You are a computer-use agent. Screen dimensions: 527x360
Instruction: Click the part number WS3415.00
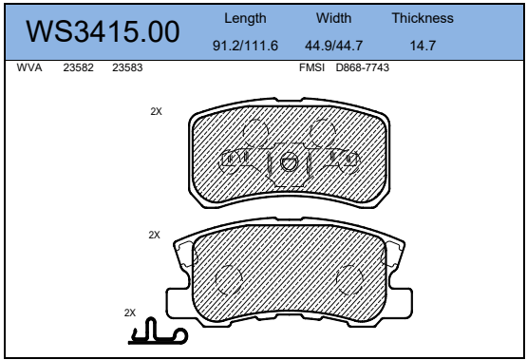point(103,31)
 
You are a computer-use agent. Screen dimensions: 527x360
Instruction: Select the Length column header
point(245,19)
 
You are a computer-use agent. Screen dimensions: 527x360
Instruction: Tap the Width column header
point(333,18)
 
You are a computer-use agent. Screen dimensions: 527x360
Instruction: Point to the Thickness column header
point(423,18)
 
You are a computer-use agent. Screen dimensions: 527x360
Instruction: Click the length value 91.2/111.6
point(245,46)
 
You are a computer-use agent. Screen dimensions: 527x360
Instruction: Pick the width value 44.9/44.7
point(333,46)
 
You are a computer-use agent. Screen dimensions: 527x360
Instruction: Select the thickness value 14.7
point(423,46)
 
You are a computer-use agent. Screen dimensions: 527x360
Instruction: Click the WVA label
point(29,67)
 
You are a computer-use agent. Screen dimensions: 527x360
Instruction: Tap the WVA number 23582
point(78,67)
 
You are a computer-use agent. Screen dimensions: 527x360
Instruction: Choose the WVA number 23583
point(127,67)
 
